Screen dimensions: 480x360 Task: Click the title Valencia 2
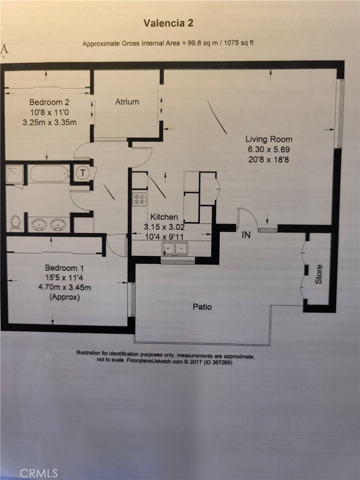pyautogui.click(x=168, y=23)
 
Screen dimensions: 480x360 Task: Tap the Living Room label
pyautogui.click(x=269, y=139)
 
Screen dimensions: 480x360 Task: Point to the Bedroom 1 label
pyautogui.click(x=64, y=268)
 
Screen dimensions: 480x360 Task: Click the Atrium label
pyautogui.click(x=127, y=102)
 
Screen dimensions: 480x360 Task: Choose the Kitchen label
pyautogui.click(x=164, y=217)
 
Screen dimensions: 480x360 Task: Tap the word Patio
pyautogui.click(x=202, y=307)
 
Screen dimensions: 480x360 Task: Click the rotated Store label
pyautogui.click(x=319, y=274)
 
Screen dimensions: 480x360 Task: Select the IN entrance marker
pyautogui.click(x=246, y=235)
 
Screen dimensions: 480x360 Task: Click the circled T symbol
pyautogui.click(x=82, y=173)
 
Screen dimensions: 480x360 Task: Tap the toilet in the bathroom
pyautogui.click(x=16, y=223)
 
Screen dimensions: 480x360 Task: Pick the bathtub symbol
pyautogui.click(x=49, y=174)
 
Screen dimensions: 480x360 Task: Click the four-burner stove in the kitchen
pyautogui.click(x=139, y=199)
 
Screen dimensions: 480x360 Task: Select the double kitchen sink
pyautogui.click(x=175, y=249)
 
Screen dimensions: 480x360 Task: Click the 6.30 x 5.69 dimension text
pyautogui.click(x=269, y=149)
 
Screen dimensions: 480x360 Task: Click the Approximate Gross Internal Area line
pyautogui.click(x=168, y=44)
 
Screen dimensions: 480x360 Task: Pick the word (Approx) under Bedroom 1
pyautogui.click(x=66, y=297)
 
